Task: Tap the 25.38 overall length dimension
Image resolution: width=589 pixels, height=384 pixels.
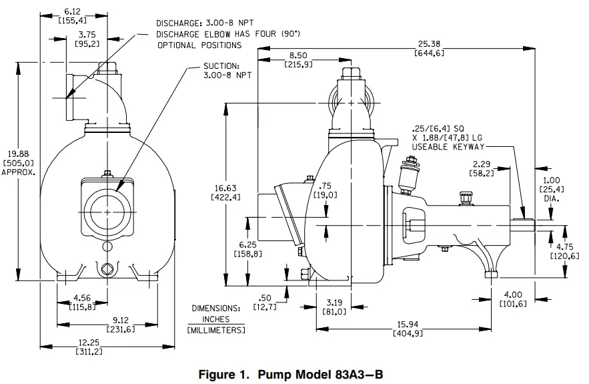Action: coord(430,45)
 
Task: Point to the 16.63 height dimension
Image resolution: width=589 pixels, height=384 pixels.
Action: coord(240,188)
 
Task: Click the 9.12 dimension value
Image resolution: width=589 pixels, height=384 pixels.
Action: coord(120,319)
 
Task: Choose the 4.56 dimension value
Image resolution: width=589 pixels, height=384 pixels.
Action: coord(83,298)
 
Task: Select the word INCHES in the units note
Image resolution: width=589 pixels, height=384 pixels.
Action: coord(215,319)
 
